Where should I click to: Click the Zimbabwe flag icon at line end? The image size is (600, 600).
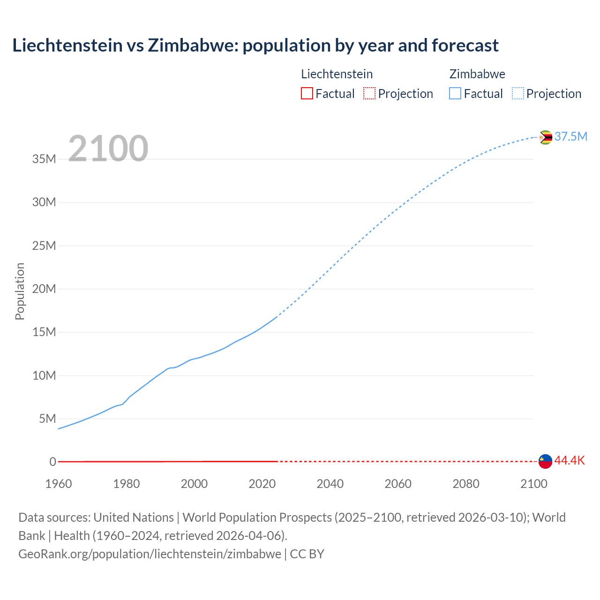tap(545, 137)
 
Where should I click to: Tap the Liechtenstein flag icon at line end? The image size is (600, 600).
tap(545, 461)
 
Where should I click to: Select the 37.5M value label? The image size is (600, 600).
tap(570, 136)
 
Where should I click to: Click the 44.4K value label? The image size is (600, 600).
tap(570, 460)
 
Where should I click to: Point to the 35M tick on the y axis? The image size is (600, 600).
tap(44, 159)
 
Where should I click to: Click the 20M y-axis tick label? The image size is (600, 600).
tap(44, 289)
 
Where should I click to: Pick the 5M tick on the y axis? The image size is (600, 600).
tap(47, 419)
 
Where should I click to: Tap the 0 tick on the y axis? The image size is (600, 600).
tap(52, 462)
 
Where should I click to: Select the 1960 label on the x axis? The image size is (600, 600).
tap(59, 484)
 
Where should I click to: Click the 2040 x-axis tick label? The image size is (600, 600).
tap(330, 484)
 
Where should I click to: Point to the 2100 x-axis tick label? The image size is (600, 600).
tap(533, 484)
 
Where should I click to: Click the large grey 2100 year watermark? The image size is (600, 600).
tap(108, 149)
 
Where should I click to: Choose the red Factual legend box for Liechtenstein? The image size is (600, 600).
tap(307, 93)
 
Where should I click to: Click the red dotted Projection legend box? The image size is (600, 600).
tap(369, 93)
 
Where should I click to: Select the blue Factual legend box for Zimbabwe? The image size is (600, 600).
tap(455, 93)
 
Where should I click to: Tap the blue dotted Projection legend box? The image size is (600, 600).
tap(517, 93)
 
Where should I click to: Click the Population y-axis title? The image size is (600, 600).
tap(20, 291)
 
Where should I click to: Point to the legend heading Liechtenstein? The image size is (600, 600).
tap(337, 74)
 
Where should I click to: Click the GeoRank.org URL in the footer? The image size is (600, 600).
tap(150, 554)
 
